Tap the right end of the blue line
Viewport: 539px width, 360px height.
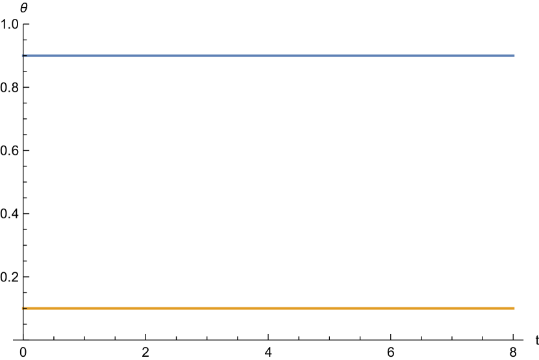514,55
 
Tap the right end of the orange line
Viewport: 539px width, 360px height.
514,308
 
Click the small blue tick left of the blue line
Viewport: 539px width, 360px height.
22,55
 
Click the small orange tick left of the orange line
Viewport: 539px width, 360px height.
22,308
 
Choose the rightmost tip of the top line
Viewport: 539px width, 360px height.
514,55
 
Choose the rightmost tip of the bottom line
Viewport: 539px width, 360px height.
514,308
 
